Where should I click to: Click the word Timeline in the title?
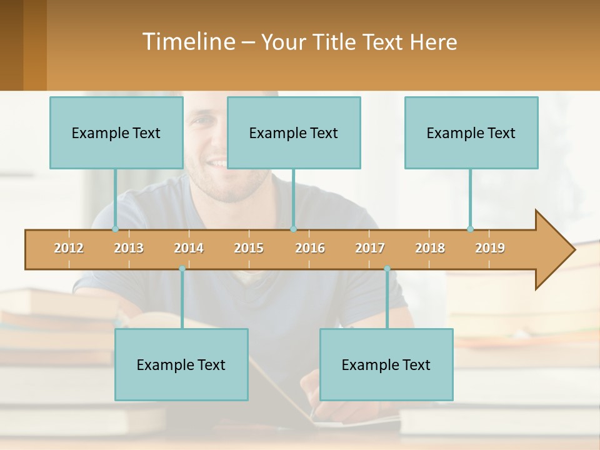187,42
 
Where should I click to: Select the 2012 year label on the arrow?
69,248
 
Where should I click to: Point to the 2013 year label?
129,248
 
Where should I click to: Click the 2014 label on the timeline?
189,248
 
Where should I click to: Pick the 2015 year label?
249,248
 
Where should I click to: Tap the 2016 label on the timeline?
310,248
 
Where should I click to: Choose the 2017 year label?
370,248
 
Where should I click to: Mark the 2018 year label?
430,248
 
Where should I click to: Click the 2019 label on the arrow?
490,248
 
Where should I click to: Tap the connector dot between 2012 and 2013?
115,229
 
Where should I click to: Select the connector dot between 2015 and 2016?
293,229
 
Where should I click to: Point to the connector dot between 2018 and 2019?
470,229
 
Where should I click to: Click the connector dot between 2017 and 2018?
387,269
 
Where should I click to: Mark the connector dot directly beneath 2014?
182,269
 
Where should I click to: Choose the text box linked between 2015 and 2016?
294,132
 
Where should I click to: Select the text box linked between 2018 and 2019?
471,132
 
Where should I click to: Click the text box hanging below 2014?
181,364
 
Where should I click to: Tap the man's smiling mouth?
217,164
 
